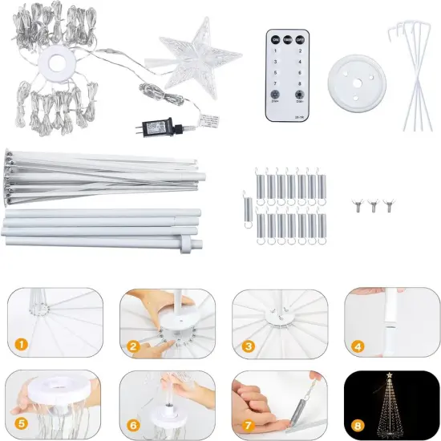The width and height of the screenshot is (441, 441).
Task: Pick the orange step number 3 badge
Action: pyautogui.click(x=249, y=347)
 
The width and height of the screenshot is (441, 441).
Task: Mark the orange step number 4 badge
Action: pyautogui.click(x=359, y=347)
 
